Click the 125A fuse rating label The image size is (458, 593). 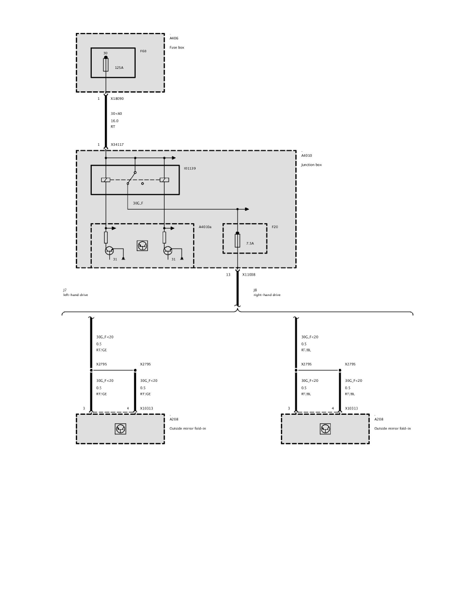[x=119, y=68]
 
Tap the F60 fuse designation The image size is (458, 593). [x=143, y=51]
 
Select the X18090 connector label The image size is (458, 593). [x=117, y=99]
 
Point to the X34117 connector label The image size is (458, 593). [x=117, y=144]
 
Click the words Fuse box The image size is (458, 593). [x=177, y=47]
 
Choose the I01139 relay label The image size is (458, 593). [x=190, y=168]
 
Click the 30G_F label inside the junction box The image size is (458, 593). [x=138, y=204]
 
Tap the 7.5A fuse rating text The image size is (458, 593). [x=250, y=244]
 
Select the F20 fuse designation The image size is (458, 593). [x=275, y=227]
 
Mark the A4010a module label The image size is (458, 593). [x=205, y=227]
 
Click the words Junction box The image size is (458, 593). [x=311, y=165]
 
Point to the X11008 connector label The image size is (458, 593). [x=248, y=275]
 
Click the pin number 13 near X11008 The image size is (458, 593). [x=228, y=275]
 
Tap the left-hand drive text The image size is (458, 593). [x=75, y=295]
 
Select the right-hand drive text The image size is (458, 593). [x=267, y=295]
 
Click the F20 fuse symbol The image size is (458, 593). [x=237, y=240]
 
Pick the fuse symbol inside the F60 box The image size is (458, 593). [x=106, y=64]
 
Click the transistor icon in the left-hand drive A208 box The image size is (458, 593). [x=121, y=429]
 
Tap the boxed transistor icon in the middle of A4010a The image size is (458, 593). [x=143, y=246]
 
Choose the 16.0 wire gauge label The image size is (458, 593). [x=115, y=121]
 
